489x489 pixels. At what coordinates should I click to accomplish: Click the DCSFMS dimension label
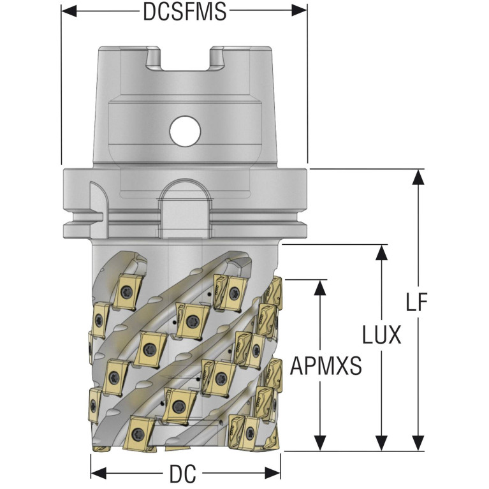click(184, 12)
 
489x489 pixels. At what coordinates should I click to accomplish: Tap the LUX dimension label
click(381, 334)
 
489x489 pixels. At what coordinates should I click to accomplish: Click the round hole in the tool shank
click(185, 131)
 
